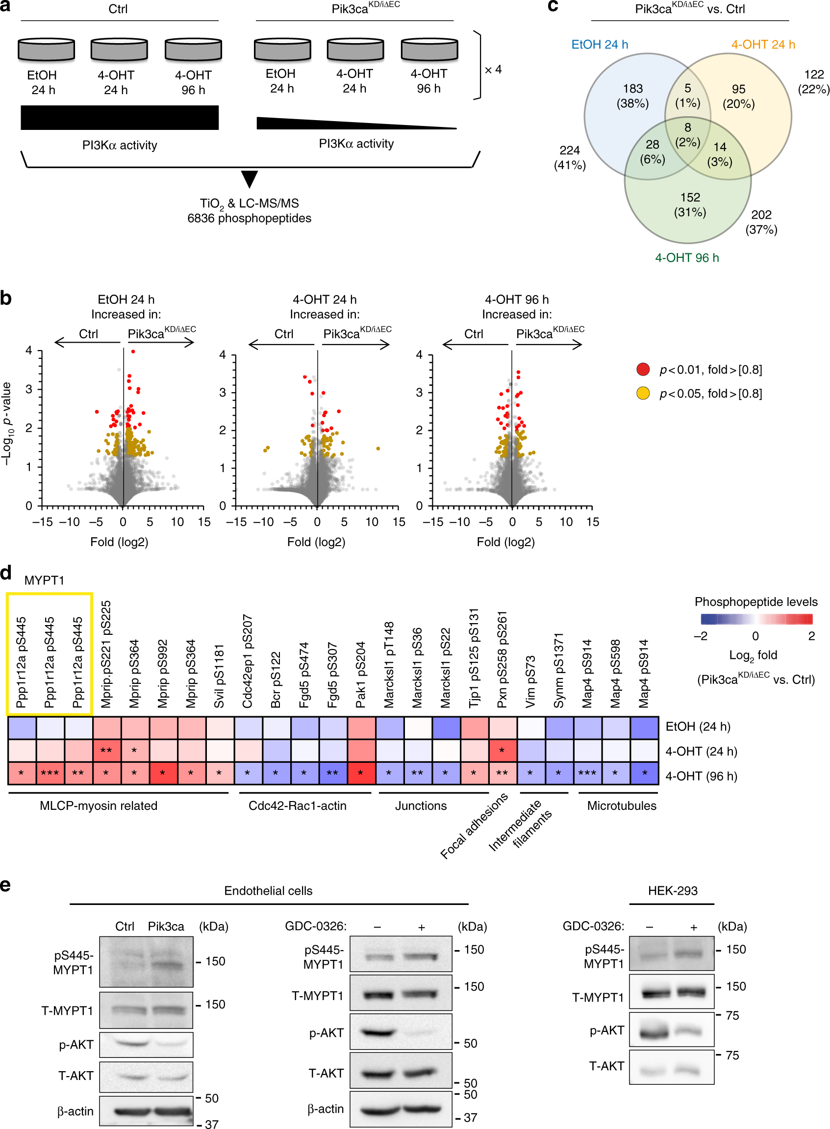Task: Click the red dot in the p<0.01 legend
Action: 643,369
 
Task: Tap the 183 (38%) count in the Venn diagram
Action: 632,96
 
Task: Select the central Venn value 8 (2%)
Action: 687,135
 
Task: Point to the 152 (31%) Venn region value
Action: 690,204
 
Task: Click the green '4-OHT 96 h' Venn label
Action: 687,258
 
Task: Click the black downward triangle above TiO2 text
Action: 249,179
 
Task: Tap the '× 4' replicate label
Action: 493,69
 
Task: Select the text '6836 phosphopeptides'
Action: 249,219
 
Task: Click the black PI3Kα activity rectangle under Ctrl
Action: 120,118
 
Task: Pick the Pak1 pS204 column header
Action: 360,674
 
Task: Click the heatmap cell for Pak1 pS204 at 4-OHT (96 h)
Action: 360,773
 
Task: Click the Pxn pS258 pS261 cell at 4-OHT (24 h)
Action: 502,751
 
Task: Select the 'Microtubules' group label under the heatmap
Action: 622,805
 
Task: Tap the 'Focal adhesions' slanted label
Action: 473,827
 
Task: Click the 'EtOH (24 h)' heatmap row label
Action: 697,727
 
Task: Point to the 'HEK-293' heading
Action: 672,891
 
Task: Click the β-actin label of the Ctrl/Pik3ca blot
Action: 75,1111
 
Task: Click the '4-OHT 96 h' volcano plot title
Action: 517,300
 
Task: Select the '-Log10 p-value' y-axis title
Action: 7,424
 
